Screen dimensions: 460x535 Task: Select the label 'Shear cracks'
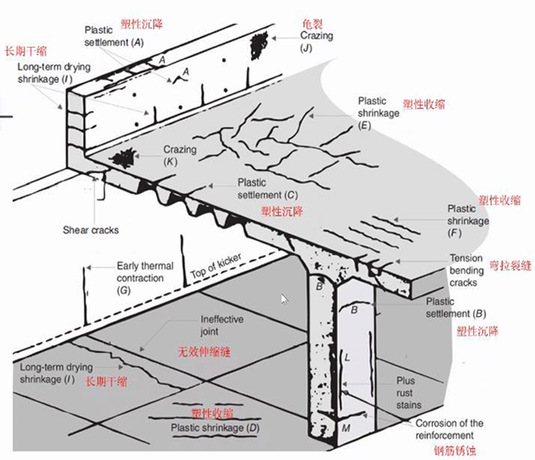90,230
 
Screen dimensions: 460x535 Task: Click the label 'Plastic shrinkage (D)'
215,428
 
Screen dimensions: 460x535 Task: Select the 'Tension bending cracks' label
466,269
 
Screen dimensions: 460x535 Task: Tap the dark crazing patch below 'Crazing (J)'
258,47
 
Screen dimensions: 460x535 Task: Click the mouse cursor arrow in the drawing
284,298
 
